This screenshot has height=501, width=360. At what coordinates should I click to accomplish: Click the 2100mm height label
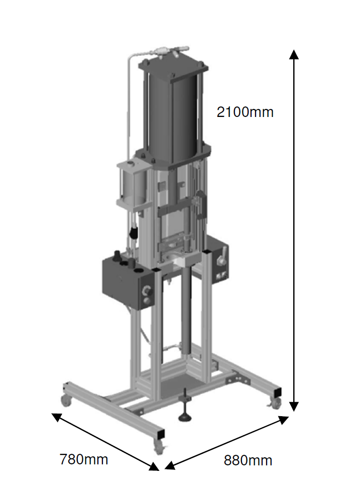pyautogui.click(x=245, y=112)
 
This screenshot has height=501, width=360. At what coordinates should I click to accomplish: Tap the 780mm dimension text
pyautogui.click(x=84, y=459)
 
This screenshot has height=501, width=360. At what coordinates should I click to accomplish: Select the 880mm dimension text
pyautogui.click(x=248, y=461)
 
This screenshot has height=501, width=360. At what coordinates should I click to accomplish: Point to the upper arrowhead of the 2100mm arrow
pyautogui.click(x=294, y=54)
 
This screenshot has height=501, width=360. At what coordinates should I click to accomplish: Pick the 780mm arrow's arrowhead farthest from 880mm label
pyautogui.click(x=57, y=417)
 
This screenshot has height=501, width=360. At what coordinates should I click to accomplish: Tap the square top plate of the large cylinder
pyautogui.click(x=173, y=67)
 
